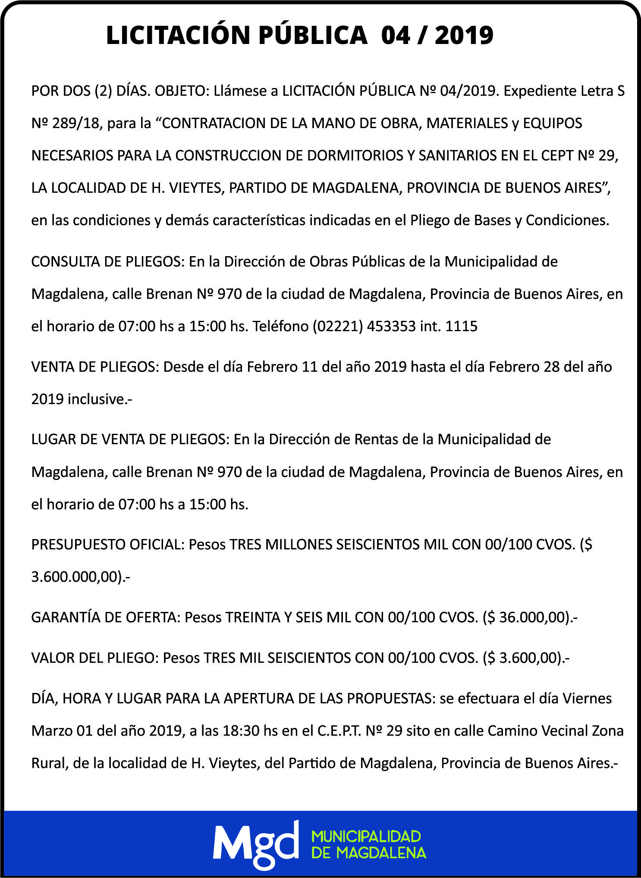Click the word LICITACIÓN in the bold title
[178, 35]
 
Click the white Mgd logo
[255, 844]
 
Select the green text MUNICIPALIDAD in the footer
[366, 836]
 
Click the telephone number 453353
[391, 326]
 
